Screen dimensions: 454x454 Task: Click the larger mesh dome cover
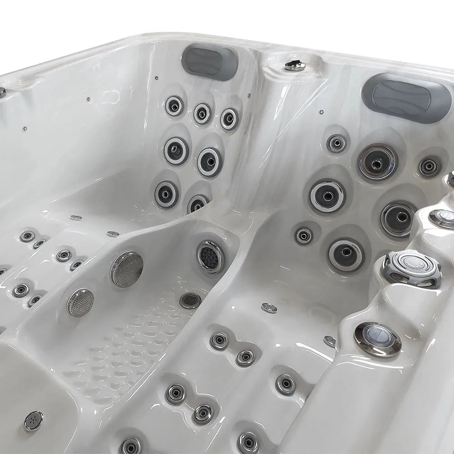click(x=127, y=269)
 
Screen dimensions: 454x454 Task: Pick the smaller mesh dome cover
click(x=81, y=302)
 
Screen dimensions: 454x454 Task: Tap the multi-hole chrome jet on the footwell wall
click(x=211, y=257)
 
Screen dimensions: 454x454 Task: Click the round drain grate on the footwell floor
click(x=190, y=300)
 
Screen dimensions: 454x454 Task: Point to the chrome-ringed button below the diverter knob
click(x=377, y=339)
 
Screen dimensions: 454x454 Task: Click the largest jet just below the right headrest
click(x=378, y=162)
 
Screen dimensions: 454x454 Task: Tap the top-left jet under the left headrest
click(x=174, y=106)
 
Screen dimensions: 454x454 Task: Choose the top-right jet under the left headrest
click(x=230, y=119)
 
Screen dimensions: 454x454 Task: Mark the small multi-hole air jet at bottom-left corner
click(x=34, y=421)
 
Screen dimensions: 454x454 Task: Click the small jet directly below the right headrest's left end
click(x=336, y=143)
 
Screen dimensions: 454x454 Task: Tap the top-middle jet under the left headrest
click(x=202, y=113)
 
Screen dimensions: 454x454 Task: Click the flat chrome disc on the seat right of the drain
click(x=269, y=307)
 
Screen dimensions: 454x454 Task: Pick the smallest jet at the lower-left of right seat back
click(x=303, y=236)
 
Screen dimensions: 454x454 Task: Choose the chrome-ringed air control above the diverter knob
click(x=441, y=217)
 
